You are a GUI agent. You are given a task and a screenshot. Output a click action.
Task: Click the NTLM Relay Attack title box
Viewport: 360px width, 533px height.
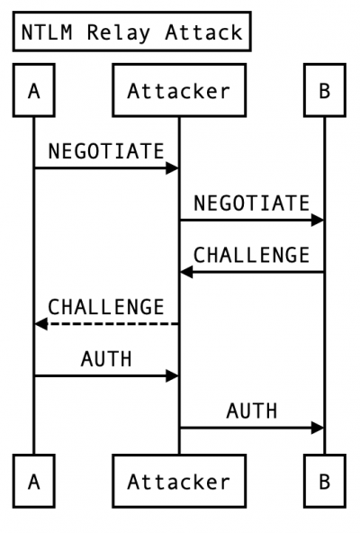click(x=132, y=32)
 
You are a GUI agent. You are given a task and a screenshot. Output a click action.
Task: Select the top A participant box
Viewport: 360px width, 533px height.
click(x=34, y=90)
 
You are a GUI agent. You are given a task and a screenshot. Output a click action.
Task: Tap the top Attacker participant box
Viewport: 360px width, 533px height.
click(x=179, y=90)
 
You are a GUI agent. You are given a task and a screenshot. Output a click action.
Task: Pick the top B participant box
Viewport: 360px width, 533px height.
click(x=325, y=90)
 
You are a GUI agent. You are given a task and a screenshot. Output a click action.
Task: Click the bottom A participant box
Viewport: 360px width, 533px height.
click(x=34, y=481)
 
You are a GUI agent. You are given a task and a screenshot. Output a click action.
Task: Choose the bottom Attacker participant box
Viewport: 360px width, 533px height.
click(x=179, y=481)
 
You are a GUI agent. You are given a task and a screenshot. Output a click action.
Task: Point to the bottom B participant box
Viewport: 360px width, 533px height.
click(x=325, y=481)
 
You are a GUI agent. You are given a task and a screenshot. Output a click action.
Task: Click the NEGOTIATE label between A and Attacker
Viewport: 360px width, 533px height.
click(x=106, y=151)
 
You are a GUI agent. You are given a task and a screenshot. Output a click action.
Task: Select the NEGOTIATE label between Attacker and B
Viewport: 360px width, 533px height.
click(x=252, y=203)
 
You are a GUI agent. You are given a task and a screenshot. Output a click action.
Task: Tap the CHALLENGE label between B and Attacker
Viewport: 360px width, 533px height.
click(x=252, y=255)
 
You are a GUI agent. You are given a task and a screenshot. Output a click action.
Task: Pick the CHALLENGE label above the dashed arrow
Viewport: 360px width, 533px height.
click(x=106, y=307)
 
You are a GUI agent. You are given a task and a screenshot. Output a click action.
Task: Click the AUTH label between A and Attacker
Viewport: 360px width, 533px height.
click(x=106, y=359)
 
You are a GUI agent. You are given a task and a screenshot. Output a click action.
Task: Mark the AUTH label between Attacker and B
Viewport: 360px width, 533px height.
click(x=252, y=411)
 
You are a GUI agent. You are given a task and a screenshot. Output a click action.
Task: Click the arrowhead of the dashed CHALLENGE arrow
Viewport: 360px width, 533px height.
click(x=40, y=324)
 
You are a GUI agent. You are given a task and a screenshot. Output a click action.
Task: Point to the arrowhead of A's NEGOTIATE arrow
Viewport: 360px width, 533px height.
click(x=173, y=168)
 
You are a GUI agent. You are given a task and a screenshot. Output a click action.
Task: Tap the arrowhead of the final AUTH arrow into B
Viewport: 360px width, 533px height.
click(x=318, y=428)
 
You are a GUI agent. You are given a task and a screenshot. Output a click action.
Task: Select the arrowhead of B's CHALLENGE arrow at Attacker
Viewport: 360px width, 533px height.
click(x=186, y=272)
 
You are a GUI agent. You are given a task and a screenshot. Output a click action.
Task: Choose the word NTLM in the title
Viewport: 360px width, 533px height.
click(x=47, y=32)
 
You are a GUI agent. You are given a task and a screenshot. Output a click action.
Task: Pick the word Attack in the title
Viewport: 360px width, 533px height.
click(x=204, y=32)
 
